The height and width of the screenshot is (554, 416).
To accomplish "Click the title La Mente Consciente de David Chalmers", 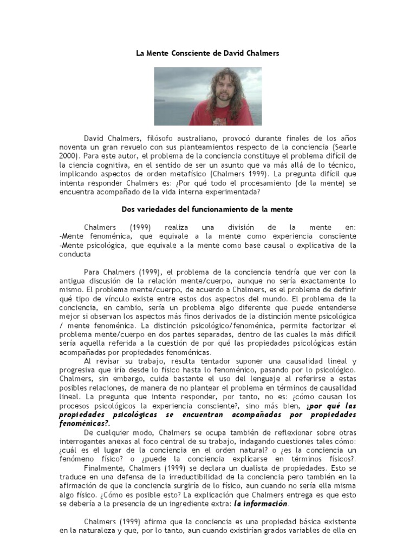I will coord(207,54).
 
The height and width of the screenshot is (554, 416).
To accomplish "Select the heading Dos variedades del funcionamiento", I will coord(207,208).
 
